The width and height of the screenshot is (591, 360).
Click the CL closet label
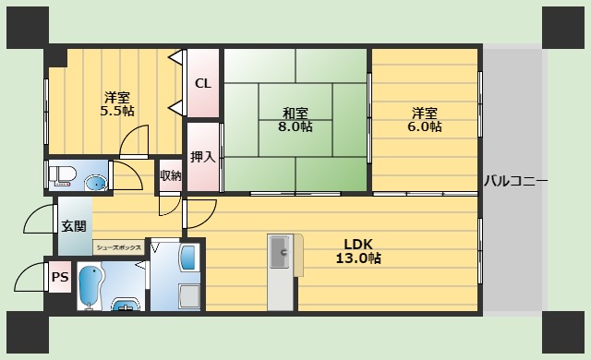point(203,83)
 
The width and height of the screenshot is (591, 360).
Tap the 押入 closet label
point(203,157)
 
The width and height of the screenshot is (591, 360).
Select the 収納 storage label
point(170,175)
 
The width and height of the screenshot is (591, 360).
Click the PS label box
point(60,277)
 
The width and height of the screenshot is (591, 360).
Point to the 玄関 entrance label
point(74,226)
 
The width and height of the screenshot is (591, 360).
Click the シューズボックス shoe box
point(119,247)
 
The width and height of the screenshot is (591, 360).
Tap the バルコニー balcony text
point(516,181)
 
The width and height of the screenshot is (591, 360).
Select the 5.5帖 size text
point(117,111)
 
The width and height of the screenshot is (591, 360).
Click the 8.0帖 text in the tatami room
point(295,126)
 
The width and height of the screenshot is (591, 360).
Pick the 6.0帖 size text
point(425,126)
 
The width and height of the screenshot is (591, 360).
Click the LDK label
point(358,245)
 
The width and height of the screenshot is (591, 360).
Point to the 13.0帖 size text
point(358,258)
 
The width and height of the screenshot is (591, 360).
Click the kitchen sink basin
point(280,252)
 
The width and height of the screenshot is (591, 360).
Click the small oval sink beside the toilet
point(96,184)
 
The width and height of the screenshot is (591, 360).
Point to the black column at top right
point(562,28)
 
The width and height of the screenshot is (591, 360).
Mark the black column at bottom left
point(28,331)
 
